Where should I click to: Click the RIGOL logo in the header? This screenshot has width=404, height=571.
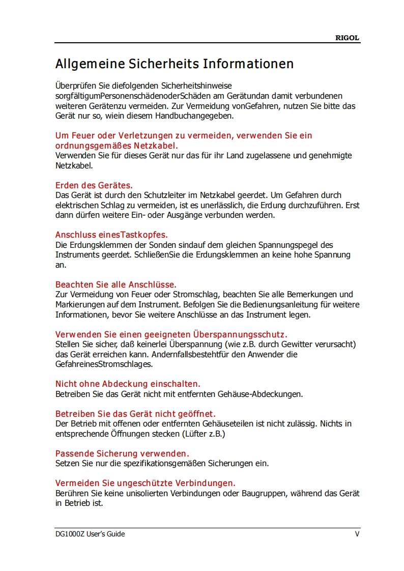[x=348, y=38]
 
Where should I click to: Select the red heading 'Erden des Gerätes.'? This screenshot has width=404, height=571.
[x=94, y=185]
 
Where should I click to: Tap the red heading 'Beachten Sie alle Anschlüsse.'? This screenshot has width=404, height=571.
[x=116, y=284]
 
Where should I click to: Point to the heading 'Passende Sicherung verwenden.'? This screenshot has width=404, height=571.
[x=122, y=453]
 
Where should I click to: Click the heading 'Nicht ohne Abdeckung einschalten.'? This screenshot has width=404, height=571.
[x=128, y=384]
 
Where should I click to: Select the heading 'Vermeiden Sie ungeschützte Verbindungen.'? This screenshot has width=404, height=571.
[x=145, y=482]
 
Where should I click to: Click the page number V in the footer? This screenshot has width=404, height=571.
[x=357, y=534]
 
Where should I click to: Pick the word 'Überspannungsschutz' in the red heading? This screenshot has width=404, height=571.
[x=240, y=334]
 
